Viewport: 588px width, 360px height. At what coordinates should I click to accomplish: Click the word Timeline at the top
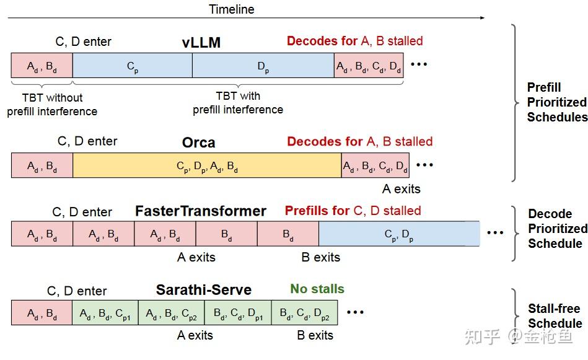click(231, 9)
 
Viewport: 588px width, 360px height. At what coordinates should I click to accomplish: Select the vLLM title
click(201, 43)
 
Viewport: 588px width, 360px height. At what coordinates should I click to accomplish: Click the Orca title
click(198, 143)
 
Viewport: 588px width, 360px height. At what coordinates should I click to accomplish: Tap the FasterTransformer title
click(201, 211)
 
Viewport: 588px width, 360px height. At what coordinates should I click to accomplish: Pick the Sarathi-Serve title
click(203, 290)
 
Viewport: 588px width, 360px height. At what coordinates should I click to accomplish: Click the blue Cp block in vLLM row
click(132, 66)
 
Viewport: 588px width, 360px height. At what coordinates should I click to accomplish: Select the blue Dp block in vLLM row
click(263, 66)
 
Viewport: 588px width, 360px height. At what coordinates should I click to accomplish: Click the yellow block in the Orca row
click(207, 165)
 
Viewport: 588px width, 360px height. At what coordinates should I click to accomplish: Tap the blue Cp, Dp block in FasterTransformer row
click(399, 234)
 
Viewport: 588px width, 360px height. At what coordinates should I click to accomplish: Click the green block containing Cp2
click(171, 313)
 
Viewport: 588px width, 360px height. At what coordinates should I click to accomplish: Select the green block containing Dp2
click(304, 313)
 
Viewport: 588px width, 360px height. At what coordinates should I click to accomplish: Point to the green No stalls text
click(317, 289)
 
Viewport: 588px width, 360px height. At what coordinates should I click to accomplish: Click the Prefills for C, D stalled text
click(353, 211)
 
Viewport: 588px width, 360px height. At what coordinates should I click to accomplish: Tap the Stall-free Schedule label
click(555, 316)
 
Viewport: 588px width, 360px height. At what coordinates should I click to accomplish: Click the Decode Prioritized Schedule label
click(557, 229)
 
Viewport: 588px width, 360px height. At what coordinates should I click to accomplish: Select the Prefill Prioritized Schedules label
click(556, 102)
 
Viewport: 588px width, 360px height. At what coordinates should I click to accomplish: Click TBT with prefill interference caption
click(238, 103)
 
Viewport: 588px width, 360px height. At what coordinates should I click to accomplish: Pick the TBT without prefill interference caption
click(52, 105)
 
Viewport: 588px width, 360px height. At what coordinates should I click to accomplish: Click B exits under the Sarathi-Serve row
click(315, 335)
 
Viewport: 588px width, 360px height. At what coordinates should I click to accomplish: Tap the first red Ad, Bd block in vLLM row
click(42, 66)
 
